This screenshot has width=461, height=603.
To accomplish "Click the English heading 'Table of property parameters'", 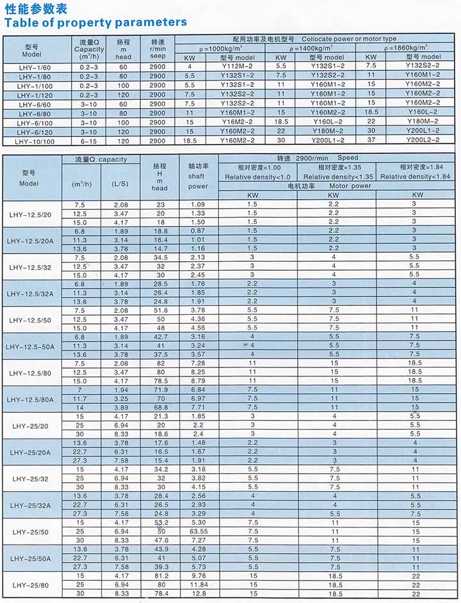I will [x=96, y=22].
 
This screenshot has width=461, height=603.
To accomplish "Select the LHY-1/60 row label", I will [x=32, y=66].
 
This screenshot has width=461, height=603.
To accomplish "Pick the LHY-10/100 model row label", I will [x=32, y=140].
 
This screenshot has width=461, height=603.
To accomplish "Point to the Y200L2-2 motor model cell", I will [x=422, y=140].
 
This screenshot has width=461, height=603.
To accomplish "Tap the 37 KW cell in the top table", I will [x=371, y=140].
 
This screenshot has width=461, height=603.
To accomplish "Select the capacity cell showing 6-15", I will [x=88, y=140].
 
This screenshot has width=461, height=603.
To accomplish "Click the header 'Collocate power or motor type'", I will [x=349, y=39].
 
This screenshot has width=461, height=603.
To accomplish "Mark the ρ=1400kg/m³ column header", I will [x=312, y=48].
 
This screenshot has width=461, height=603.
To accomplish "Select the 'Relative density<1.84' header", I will [x=418, y=177].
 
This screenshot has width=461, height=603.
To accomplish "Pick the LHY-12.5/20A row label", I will [x=32, y=240].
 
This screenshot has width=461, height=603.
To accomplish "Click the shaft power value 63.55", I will [x=198, y=531].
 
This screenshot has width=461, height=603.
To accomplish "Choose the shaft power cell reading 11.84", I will [x=198, y=584].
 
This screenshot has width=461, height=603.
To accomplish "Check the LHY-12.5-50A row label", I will [x=32, y=346].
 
